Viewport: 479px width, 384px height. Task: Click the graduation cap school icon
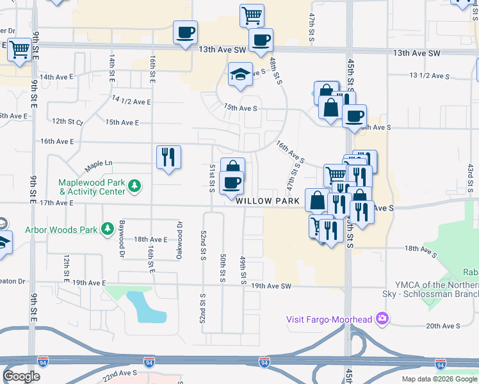point(241,74)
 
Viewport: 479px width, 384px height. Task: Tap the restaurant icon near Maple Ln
point(168,157)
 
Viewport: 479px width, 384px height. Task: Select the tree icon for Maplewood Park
point(134,186)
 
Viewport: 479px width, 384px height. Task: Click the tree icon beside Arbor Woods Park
point(108,228)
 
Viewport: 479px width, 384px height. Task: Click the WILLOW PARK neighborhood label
point(268,201)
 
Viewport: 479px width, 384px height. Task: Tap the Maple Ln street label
point(98,164)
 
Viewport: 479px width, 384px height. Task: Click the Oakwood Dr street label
point(179,240)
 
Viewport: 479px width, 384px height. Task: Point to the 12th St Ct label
point(68,121)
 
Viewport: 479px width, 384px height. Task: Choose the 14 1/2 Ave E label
point(131,101)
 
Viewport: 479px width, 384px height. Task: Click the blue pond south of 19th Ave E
point(147,307)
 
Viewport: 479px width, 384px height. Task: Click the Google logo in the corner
point(22,376)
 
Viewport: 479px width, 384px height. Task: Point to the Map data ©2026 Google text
point(439,379)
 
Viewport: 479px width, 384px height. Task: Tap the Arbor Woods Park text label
point(61,230)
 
